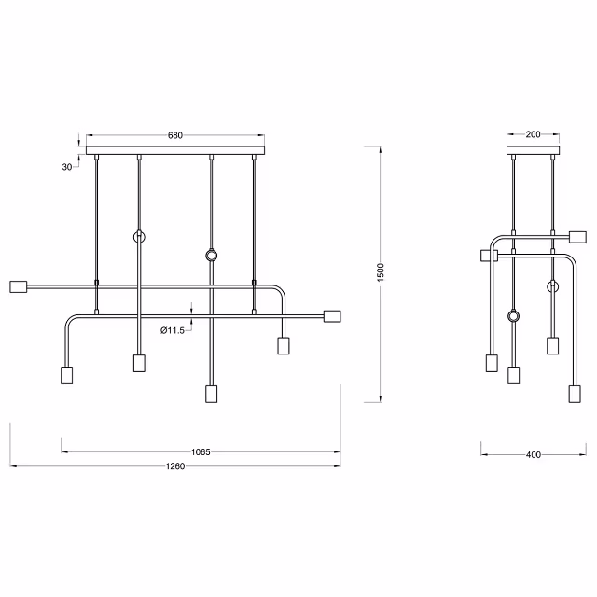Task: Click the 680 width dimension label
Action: coord(174,135)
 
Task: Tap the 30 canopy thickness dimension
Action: coord(66,167)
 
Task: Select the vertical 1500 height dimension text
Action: coord(381,271)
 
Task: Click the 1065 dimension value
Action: coord(200,452)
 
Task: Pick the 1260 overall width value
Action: coord(175,466)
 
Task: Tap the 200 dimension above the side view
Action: coord(533,134)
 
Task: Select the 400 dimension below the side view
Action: coord(533,455)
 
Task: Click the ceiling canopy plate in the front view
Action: coord(175,150)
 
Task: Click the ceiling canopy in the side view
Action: coord(533,150)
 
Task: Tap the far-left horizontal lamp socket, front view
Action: coord(19,287)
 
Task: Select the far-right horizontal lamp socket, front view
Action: coord(332,316)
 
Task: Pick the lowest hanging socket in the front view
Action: coord(211,393)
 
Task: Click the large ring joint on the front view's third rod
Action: coord(212,255)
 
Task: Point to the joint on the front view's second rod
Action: coord(139,237)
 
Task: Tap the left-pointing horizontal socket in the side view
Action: coord(485,254)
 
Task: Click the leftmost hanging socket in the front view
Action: coord(66,375)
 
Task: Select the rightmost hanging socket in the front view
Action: coord(283,346)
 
